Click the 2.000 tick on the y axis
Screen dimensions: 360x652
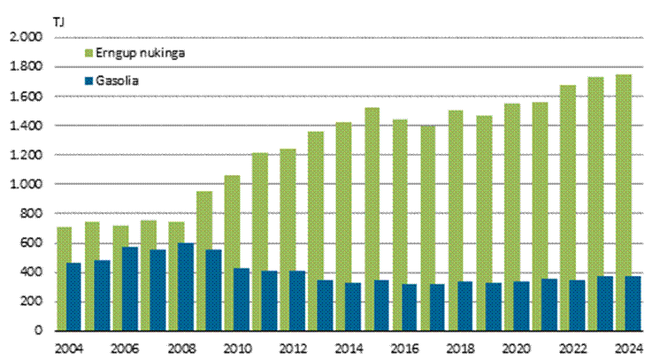coord(26,38)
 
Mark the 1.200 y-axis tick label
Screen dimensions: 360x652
coord(26,156)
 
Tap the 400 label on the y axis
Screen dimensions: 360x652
coord(31,272)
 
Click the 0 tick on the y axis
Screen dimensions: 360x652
coord(39,331)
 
